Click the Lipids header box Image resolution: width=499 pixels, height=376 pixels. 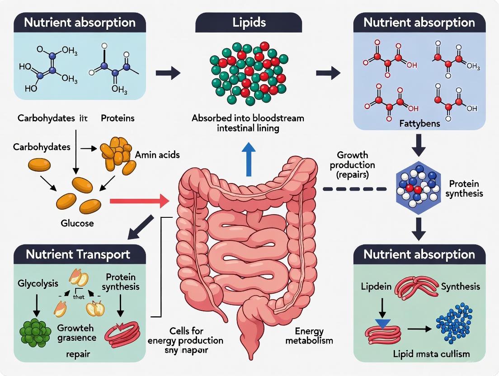(249, 22)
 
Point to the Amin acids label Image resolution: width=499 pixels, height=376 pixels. (157, 155)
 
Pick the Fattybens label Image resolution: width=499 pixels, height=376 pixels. (419, 123)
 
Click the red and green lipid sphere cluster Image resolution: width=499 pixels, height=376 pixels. (249, 72)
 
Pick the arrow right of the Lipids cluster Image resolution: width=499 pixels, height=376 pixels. (328, 73)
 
